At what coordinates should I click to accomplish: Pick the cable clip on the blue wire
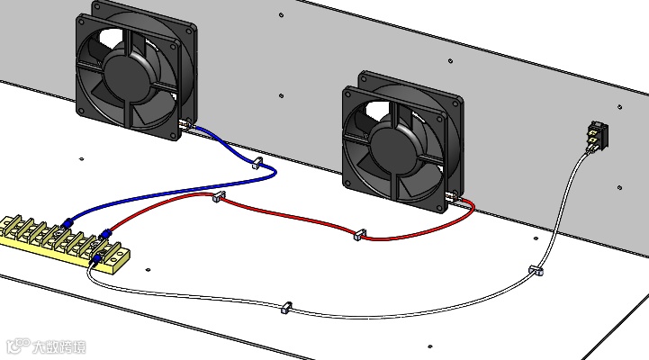click(x=256, y=165)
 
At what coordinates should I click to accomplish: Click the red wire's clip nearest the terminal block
click(x=216, y=196)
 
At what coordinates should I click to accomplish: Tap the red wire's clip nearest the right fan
click(x=359, y=234)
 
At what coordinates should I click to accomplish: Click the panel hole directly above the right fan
click(x=449, y=61)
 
